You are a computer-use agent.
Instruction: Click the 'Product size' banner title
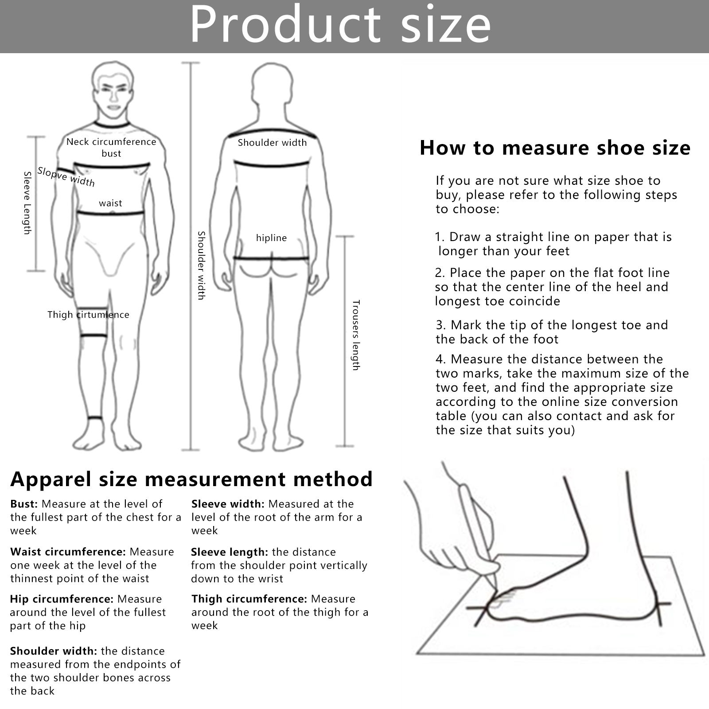click(x=340, y=25)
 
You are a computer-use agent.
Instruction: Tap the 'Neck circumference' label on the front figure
click(x=111, y=142)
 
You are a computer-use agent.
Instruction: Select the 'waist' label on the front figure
click(x=110, y=203)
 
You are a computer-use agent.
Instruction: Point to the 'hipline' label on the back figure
click(x=271, y=238)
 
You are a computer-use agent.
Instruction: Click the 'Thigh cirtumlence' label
click(x=88, y=315)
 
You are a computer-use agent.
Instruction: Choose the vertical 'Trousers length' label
click(x=356, y=335)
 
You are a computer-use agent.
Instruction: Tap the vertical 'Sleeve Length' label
click(x=27, y=203)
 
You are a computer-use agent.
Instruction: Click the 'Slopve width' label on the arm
click(x=66, y=176)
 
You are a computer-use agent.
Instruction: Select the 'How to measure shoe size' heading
click(x=555, y=148)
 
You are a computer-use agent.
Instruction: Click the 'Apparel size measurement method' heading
click(x=191, y=479)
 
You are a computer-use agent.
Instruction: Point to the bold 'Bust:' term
click(x=24, y=504)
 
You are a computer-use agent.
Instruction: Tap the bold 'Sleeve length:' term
click(x=230, y=552)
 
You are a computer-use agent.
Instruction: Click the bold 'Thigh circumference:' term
click(x=249, y=599)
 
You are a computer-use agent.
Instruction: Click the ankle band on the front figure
click(x=95, y=418)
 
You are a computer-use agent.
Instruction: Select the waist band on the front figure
click(x=111, y=214)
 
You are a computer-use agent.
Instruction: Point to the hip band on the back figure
click(x=271, y=258)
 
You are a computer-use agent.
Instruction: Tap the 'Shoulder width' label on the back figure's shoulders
click(x=272, y=143)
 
